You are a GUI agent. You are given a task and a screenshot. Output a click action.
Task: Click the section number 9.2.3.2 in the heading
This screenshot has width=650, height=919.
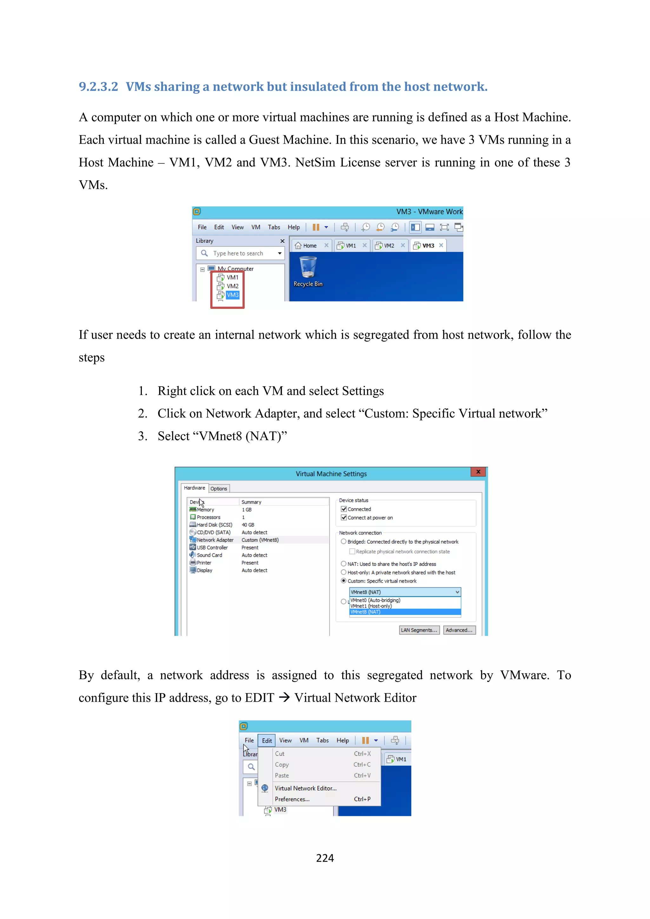[98, 86]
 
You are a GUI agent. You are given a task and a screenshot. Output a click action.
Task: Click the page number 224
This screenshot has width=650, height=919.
[325, 858]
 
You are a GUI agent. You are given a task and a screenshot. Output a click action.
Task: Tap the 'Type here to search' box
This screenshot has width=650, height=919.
[238, 253]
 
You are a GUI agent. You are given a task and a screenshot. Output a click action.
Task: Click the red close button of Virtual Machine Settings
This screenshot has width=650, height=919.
[478, 472]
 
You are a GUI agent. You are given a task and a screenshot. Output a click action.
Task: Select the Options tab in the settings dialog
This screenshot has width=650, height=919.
[219, 489]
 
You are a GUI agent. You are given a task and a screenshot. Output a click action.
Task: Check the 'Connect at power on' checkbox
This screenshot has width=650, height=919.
[344, 518]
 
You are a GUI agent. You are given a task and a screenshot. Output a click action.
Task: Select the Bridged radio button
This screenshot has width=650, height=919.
[343, 542]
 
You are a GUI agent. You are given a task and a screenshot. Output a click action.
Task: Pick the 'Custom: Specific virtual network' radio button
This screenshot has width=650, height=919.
[343, 581]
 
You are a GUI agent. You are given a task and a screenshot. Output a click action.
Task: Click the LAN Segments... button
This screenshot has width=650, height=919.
[419, 630]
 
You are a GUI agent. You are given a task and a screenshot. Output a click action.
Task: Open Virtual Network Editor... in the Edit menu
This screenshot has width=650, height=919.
[305, 788]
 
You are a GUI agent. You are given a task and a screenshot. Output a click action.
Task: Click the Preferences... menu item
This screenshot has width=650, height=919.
[292, 799]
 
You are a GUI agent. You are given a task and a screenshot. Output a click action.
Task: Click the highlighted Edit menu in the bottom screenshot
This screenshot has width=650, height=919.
[267, 740]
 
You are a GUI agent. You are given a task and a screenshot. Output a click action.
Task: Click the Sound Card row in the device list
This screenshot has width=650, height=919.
[209, 555]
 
